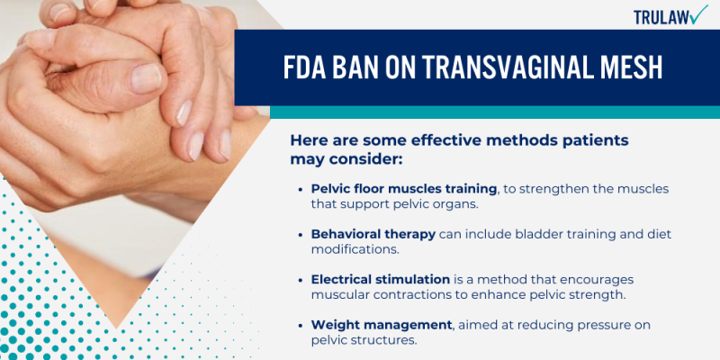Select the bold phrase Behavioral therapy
tap(373, 234)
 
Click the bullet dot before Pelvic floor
tap(300, 189)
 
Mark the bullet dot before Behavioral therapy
tap(300, 234)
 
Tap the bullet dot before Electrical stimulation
tap(300, 279)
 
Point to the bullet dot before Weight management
tap(300, 324)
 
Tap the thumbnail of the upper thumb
tap(147, 79)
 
